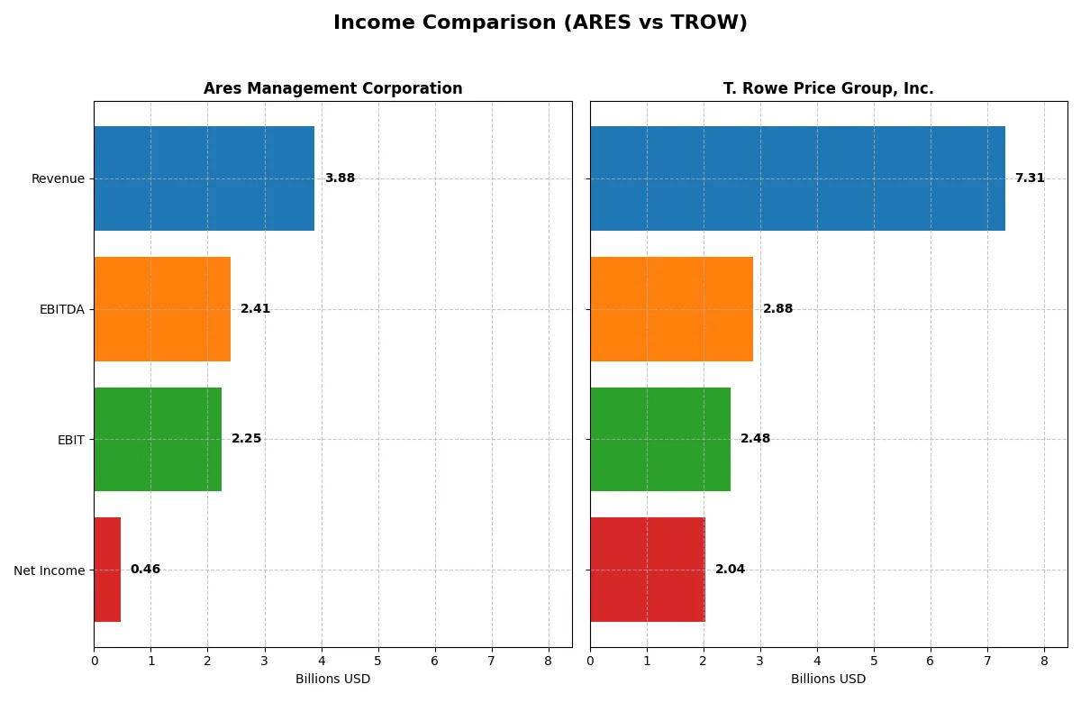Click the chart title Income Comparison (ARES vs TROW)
(x=540, y=23)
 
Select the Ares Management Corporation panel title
(x=332, y=88)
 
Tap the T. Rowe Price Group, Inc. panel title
(x=828, y=88)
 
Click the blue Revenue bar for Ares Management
(x=204, y=178)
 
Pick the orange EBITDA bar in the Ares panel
(x=162, y=309)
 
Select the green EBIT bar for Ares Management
(x=158, y=439)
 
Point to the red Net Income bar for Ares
(x=107, y=570)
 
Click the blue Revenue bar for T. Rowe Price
(x=797, y=178)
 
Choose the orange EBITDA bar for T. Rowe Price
(x=671, y=309)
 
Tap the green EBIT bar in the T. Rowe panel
(x=660, y=439)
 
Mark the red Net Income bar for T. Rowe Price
(x=648, y=570)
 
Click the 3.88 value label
(x=340, y=178)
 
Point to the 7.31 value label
(x=1030, y=178)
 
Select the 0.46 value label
(x=145, y=570)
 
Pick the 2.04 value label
(x=730, y=570)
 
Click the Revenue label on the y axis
(x=58, y=178)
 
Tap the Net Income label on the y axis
(x=50, y=570)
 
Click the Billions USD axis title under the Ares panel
(x=332, y=679)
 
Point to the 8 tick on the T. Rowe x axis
(x=1044, y=661)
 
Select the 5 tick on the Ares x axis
(x=378, y=661)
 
